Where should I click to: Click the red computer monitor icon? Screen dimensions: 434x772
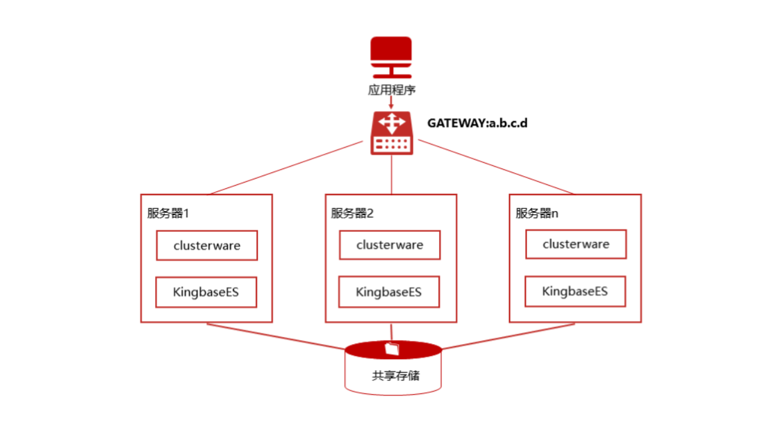pyautogui.click(x=391, y=56)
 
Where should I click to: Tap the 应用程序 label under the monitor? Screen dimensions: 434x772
pyautogui.click(x=392, y=89)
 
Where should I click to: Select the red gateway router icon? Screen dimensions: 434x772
pyautogui.click(x=392, y=132)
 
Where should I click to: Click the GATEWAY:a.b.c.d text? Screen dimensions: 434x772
pyautogui.click(x=477, y=123)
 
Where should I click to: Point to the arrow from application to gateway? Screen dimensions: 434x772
pyautogui.click(x=392, y=103)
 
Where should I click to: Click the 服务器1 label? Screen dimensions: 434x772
pyautogui.click(x=168, y=213)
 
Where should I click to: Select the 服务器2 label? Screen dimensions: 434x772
pyautogui.click(x=352, y=213)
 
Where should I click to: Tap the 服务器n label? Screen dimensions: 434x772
pyautogui.click(x=537, y=213)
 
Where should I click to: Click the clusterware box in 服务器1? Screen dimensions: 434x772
pyautogui.click(x=207, y=245)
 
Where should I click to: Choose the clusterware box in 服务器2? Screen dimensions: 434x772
pyautogui.click(x=389, y=245)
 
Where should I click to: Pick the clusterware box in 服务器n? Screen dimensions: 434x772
pyautogui.click(x=576, y=244)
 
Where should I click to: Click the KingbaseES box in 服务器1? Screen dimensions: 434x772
pyautogui.click(x=206, y=292)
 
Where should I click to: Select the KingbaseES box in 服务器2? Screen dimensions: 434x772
pyautogui.click(x=389, y=292)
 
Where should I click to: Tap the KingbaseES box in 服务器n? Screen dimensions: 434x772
pyautogui.click(x=575, y=291)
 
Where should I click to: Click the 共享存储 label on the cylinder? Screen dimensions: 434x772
pyautogui.click(x=395, y=376)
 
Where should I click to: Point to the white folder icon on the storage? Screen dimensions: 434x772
pyautogui.click(x=392, y=348)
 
